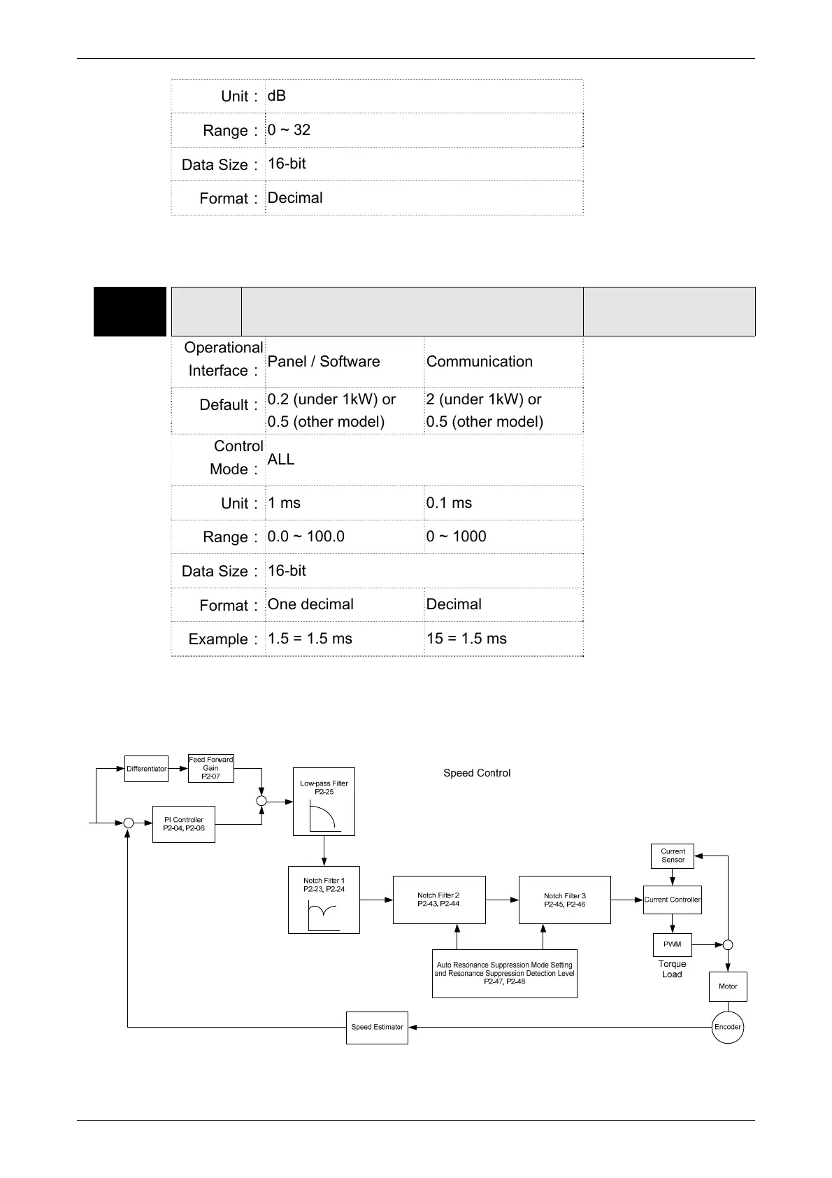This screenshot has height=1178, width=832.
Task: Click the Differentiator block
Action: pyautogui.click(x=146, y=769)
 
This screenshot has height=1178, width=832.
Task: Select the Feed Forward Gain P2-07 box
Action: pyautogui.click(x=210, y=768)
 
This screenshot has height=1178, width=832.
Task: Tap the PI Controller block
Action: pyautogui.click(x=183, y=824)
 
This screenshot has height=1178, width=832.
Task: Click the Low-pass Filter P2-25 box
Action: pyautogui.click(x=324, y=801)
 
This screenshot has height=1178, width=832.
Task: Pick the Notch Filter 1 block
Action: pyautogui.click(x=324, y=900)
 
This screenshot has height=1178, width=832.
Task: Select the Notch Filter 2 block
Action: pyautogui.click(x=438, y=900)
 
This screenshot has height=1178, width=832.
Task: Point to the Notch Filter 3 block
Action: pyautogui.click(x=564, y=900)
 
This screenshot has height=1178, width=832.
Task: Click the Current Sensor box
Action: pyautogui.click(x=673, y=856)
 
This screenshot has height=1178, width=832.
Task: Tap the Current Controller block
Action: pyautogui.click(x=672, y=900)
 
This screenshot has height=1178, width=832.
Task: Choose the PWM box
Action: pyautogui.click(x=672, y=944)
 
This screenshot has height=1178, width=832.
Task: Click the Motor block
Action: pyautogui.click(x=728, y=986)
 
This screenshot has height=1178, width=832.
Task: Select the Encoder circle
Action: pyautogui.click(x=727, y=1027)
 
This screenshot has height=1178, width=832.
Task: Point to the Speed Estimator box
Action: pyautogui.click(x=377, y=1027)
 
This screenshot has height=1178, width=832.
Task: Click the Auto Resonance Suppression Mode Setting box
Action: pyautogui.click(x=504, y=973)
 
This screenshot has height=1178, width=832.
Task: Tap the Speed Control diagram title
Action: pyautogui.click(x=477, y=773)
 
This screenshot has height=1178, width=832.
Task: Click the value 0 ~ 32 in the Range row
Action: pyautogui.click(x=289, y=130)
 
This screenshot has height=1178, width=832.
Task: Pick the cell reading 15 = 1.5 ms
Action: pyautogui.click(x=466, y=639)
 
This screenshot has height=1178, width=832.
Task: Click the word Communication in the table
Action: pyautogui.click(x=480, y=362)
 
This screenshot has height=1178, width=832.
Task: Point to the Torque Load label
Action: pyautogui.click(x=672, y=969)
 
